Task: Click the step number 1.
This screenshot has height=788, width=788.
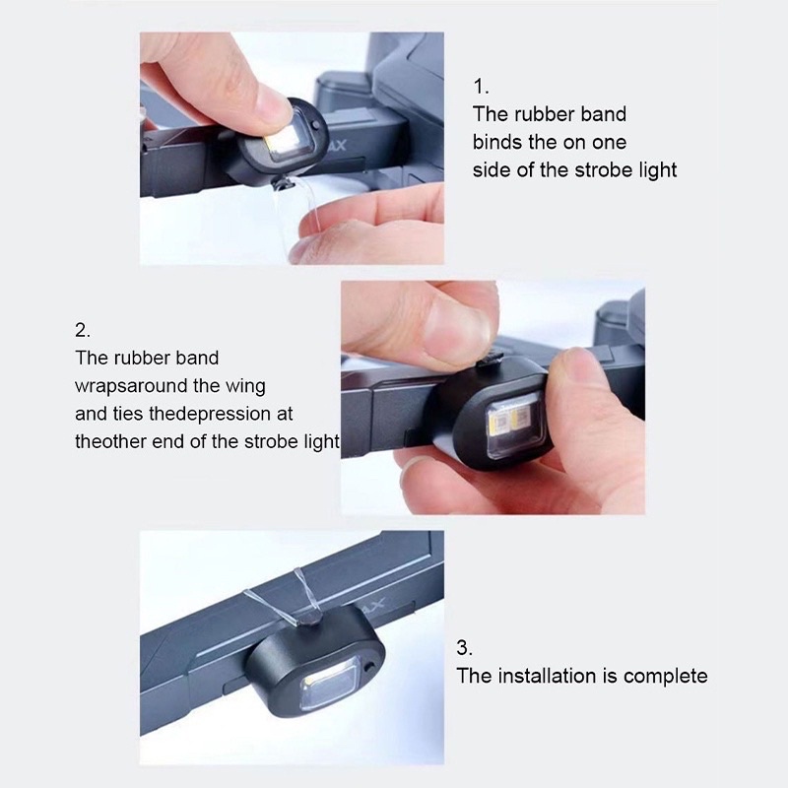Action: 481,87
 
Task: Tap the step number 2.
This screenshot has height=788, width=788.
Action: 83,330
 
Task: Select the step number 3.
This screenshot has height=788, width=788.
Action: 464,647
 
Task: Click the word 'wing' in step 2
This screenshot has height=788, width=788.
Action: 245,387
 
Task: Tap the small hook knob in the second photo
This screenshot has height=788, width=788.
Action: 490,359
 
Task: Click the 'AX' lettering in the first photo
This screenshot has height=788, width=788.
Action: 336,146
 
